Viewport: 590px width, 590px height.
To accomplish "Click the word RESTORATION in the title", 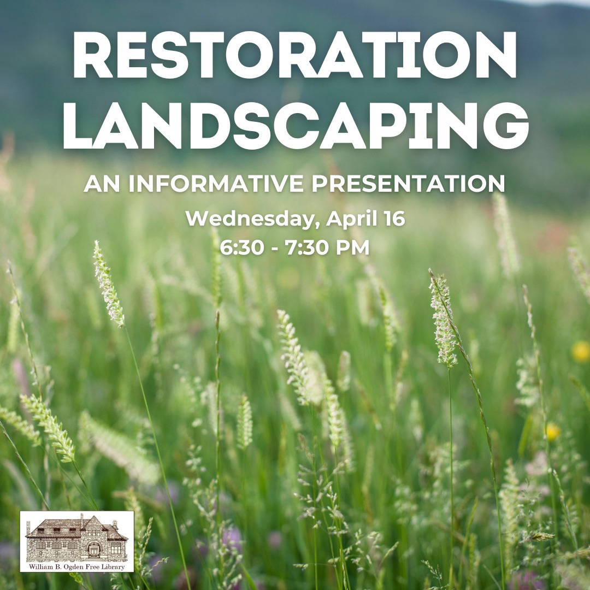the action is coord(295,55).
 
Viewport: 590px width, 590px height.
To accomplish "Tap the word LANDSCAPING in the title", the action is coord(296,125).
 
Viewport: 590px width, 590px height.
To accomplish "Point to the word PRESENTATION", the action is coord(408,183).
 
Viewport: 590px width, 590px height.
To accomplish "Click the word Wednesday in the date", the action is coord(250,219).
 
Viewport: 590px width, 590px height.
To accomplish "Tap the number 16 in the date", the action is coord(394,218).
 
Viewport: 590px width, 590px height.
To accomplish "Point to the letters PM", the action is coord(352,247).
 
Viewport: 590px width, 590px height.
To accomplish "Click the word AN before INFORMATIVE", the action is coord(102,183).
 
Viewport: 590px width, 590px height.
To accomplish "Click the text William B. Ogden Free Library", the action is coord(77,567).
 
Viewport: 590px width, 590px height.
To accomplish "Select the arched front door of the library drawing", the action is coord(93,551).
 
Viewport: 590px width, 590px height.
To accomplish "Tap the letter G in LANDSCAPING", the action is coord(506,125).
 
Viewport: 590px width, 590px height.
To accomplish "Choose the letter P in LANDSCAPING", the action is coord(393,125).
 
